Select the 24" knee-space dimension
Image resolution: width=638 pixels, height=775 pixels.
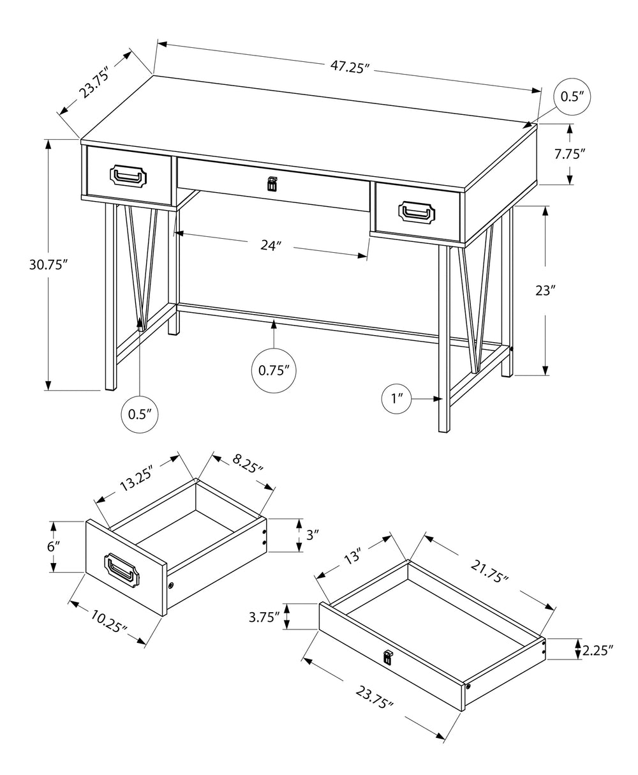pyautogui.click(x=271, y=245)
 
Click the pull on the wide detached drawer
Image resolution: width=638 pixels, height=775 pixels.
pyautogui.click(x=387, y=657)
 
